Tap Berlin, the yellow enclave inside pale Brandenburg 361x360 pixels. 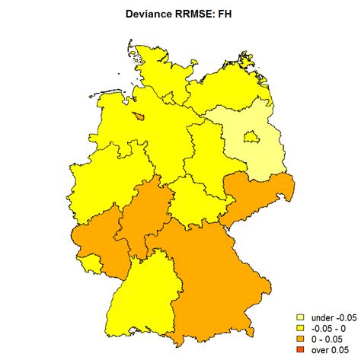248,137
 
